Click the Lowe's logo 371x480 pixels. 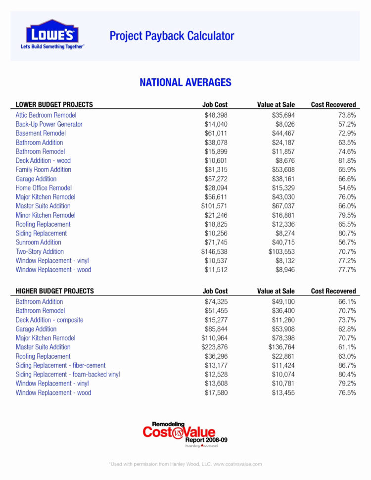[52, 34]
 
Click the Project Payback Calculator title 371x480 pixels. [172, 36]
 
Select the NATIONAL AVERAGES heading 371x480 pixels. [185, 82]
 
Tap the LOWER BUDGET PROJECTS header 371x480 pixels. [54, 105]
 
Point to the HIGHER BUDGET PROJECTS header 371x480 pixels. [55, 291]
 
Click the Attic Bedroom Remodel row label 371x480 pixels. [46, 115]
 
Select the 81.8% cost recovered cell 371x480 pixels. [346, 160]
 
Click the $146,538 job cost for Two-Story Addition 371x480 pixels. [214, 251]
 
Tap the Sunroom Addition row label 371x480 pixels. [39, 242]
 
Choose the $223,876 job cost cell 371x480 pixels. [214, 347]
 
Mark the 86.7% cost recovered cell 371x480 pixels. [346, 365]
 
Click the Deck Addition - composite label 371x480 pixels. [49, 320]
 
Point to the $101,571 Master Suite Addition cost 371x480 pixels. [214, 206]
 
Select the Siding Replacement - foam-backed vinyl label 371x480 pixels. [68, 374]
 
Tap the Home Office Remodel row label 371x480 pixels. [44, 188]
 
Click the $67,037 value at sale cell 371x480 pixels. [283, 206]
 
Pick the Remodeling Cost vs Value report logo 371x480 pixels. [185, 434]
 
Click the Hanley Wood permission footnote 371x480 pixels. [185, 464]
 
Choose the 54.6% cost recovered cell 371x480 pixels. [346, 188]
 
